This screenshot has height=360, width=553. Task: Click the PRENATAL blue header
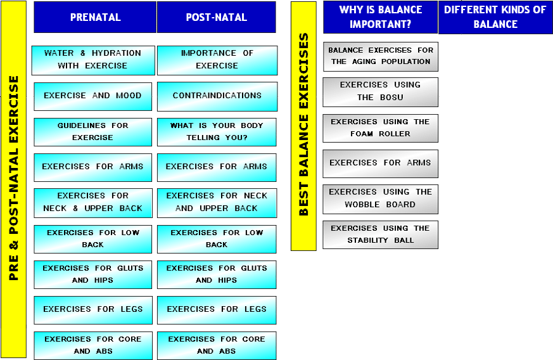pyautogui.click(x=95, y=17)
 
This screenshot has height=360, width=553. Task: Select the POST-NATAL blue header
pyautogui.click(x=216, y=17)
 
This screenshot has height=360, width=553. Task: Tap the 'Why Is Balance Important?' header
pyautogui.click(x=380, y=17)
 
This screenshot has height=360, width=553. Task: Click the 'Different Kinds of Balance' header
pyautogui.click(x=495, y=17)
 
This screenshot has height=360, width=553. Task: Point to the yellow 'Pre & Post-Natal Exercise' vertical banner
pyautogui.click(x=14, y=179)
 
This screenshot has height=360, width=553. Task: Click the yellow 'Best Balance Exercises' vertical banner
pyautogui.click(x=303, y=125)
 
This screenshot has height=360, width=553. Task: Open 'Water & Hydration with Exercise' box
pyautogui.click(x=93, y=60)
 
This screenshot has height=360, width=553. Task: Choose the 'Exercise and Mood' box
pyautogui.click(x=92, y=96)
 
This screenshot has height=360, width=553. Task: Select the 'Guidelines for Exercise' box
pyautogui.click(x=92, y=132)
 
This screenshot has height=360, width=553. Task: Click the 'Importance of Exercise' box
pyautogui.click(x=217, y=60)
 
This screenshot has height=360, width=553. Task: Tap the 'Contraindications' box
pyautogui.click(x=217, y=96)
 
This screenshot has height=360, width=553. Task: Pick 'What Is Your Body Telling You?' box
pyautogui.click(x=217, y=132)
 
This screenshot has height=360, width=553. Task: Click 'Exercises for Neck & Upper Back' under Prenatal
pyautogui.click(x=92, y=203)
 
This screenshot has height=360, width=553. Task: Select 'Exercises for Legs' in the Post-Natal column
pyautogui.click(x=217, y=309)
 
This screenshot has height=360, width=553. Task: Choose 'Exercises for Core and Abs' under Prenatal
pyautogui.click(x=92, y=345)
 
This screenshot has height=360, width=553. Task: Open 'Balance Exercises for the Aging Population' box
pyautogui.click(x=381, y=56)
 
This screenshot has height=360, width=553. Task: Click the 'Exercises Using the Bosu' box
pyautogui.click(x=381, y=91)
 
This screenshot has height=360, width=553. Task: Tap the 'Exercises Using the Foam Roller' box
pyautogui.click(x=381, y=127)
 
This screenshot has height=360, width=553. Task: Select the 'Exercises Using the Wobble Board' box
pyautogui.click(x=381, y=198)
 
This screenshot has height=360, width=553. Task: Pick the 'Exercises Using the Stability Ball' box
pyautogui.click(x=381, y=235)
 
